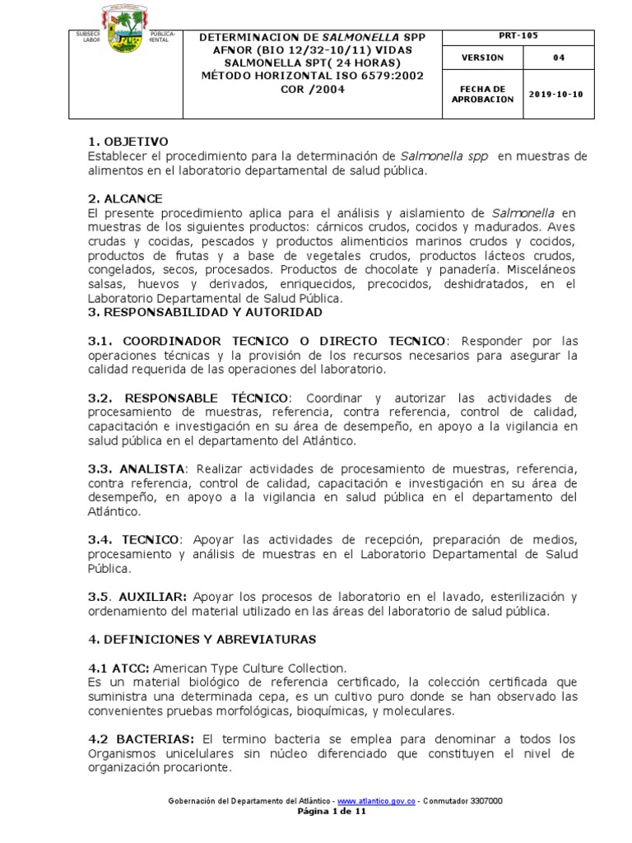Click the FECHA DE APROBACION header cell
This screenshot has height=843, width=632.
(482, 94)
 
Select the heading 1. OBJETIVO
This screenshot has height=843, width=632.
(128, 142)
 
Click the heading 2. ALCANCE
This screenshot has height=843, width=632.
(125, 198)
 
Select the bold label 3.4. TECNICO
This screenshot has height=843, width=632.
(133, 539)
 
